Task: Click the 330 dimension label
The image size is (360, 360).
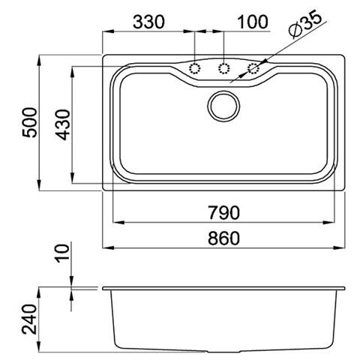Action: (x=148, y=22)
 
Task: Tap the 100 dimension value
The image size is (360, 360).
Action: (x=253, y=22)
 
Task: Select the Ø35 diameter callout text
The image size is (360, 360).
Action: (x=304, y=25)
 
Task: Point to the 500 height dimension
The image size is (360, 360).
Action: (x=29, y=122)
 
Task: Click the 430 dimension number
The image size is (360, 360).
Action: (x=62, y=124)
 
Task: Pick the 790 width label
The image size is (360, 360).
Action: (x=224, y=213)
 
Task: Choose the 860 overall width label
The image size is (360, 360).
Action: (x=224, y=238)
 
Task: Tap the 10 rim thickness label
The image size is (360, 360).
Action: (x=62, y=253)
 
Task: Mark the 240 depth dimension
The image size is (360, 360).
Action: (x=29, y=319)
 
